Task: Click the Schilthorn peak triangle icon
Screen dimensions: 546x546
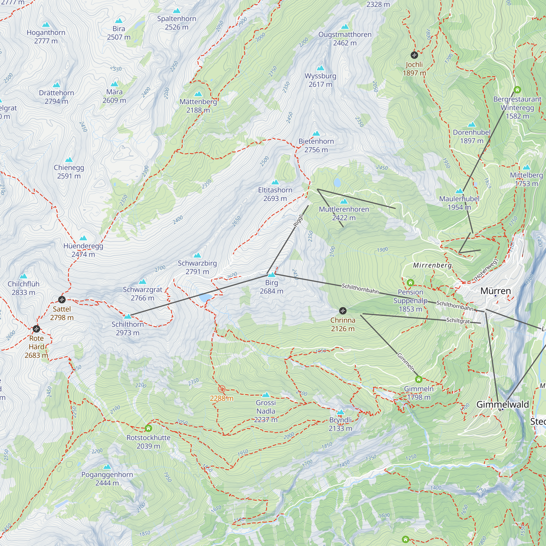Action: (128, 316)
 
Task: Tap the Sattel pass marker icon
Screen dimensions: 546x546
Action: (62, 299)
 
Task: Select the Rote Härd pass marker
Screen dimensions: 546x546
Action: (37, 329)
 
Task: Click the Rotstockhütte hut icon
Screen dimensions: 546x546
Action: (148, 428)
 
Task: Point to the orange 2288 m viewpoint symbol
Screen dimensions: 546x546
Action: (222, 389)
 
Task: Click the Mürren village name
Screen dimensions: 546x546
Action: (495, 291)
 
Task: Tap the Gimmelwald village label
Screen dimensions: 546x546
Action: (503, 404)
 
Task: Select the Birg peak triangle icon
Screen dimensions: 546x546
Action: (272, 275)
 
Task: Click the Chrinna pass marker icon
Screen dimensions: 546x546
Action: (343, 311)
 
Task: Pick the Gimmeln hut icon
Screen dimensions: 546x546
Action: (419, 379)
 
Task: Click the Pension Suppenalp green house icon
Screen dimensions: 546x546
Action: (410, 283)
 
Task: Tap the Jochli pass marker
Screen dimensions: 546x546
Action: (414, 55)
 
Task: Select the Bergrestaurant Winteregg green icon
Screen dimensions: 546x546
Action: (517, 90)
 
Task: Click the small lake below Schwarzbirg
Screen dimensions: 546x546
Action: (206, 298)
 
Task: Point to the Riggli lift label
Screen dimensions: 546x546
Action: (298, 220)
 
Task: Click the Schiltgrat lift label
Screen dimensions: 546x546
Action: (458, 321)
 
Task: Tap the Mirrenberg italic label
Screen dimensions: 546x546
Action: (432, 265)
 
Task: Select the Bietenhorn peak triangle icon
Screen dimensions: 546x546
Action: (316, 133)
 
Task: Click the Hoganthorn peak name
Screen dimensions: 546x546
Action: (46, 32)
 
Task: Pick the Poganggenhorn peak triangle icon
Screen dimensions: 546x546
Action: (107, 467)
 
